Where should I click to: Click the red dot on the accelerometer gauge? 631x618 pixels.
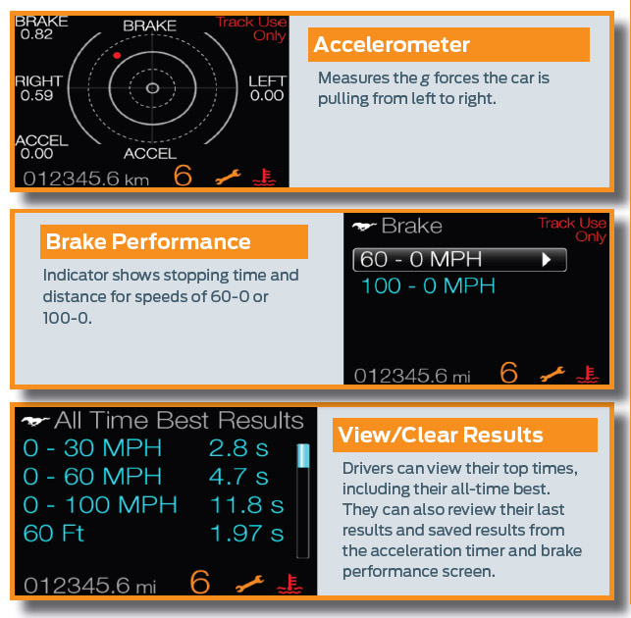tap(117, 55)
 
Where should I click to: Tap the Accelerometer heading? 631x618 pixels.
tap(392, 44)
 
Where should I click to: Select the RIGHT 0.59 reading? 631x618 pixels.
tap(38, 88)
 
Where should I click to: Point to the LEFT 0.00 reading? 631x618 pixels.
tap(267, 88)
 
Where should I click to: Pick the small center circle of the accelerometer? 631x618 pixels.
tap(152, 87)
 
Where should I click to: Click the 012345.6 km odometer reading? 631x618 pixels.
tap(85, 179)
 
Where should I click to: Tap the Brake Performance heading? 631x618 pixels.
tap(148, 241)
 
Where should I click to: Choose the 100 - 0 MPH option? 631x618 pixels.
tap(428, 286)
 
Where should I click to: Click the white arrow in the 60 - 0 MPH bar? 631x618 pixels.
tap(546, 260)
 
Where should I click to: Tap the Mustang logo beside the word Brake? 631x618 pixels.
tap(364, 227)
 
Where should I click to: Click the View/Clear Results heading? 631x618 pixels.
tap(441, 435)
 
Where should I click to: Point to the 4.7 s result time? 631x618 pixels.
tap(238, 477)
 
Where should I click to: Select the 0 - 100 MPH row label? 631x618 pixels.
tap(100, 504)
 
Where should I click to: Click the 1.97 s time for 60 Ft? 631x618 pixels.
tap(246, 533)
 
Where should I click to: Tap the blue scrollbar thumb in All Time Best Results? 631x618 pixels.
tap(303, 456)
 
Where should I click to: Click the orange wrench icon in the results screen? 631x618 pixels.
tap(249, 584)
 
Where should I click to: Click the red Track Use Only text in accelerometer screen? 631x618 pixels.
tap(251, 28)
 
